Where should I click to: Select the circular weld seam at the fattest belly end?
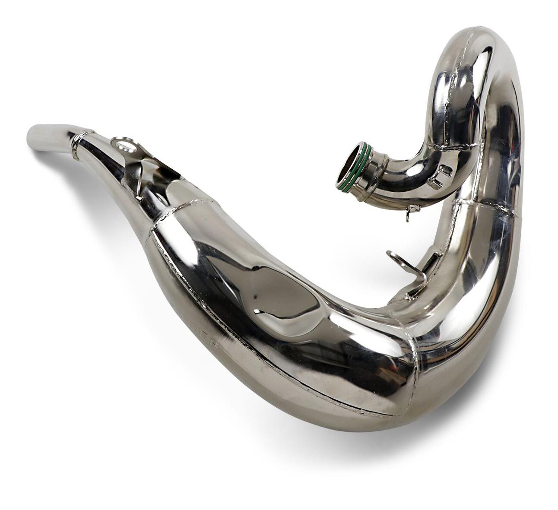[x=415, y=367]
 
